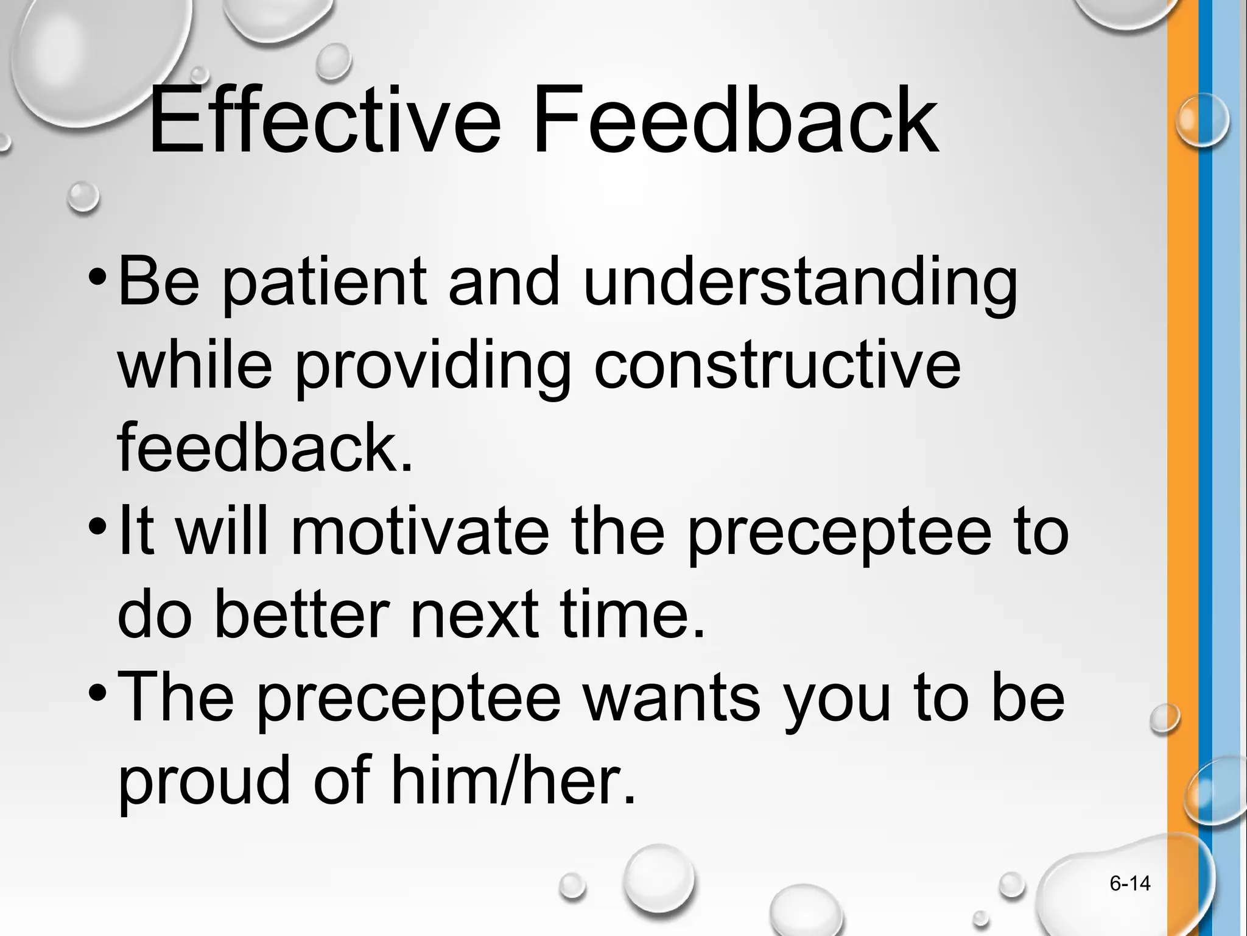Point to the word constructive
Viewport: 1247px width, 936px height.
777,366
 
